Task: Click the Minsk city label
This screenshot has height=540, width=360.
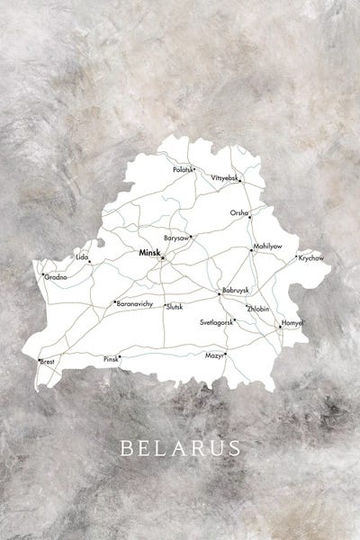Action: point(148,254)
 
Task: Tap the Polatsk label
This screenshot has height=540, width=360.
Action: point(183,168)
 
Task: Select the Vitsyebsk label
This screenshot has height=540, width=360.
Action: point(225,178)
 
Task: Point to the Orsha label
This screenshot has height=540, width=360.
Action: point(238,212)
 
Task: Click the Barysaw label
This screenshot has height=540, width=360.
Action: point(176,238)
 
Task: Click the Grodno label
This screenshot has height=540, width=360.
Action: point(56,277)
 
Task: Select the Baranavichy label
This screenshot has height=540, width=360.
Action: point(135,304)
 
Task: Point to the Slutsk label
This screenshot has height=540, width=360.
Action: point(174,306)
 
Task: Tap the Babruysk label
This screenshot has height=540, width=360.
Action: point(235,290)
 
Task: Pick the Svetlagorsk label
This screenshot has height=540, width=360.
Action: point(217,321)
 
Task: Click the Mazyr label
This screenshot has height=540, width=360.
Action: point(214,355)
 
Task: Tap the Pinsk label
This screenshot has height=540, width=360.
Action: point(110,358)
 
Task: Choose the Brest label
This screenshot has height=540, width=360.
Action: point(47,361)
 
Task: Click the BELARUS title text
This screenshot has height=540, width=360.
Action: point(180,447)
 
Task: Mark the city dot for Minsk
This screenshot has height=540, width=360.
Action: point(162,258)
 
